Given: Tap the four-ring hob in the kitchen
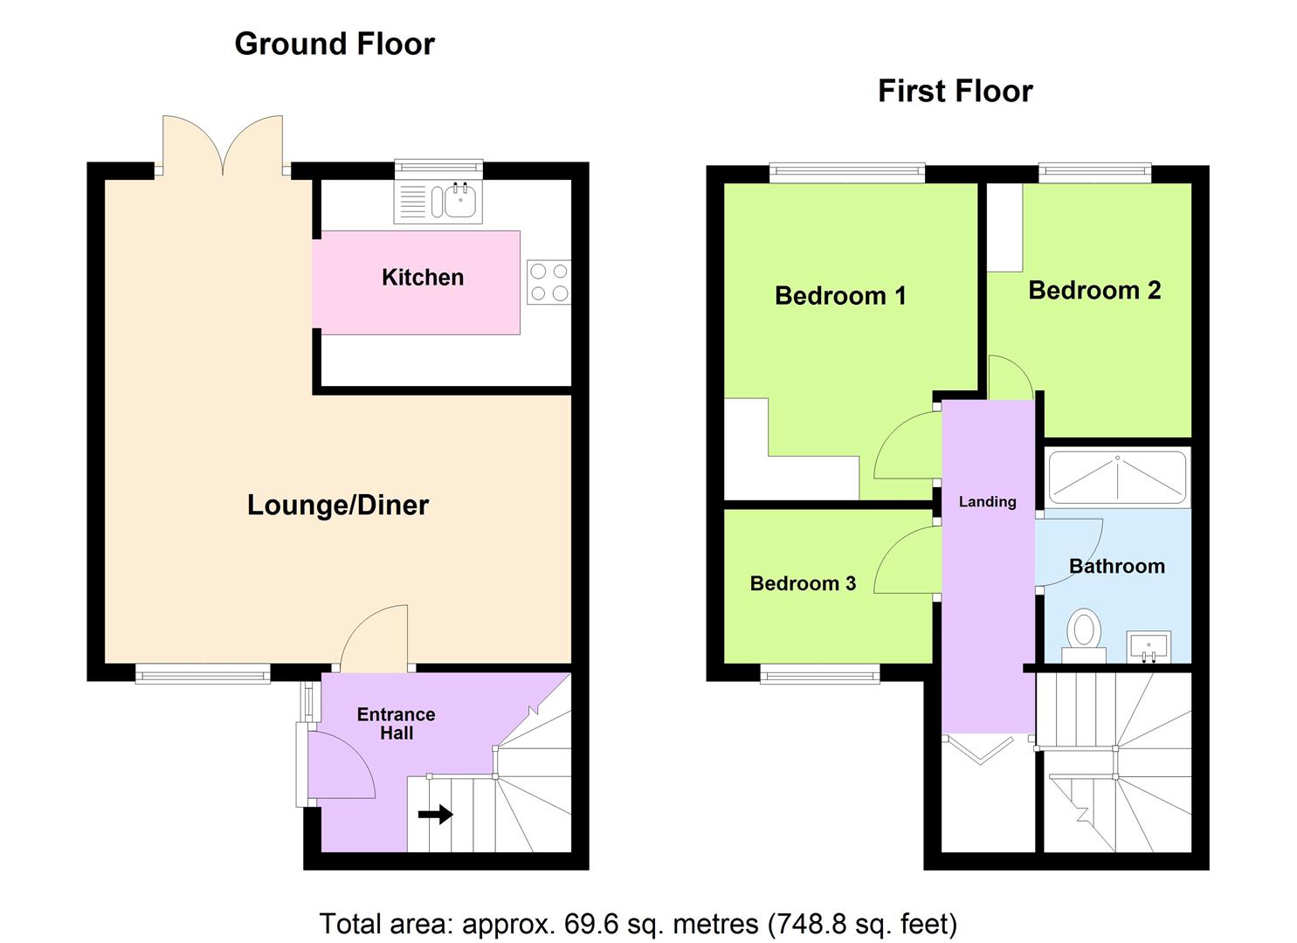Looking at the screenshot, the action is point(548,283).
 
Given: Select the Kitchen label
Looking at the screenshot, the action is point(423,278).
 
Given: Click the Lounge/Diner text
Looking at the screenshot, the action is point(337,505).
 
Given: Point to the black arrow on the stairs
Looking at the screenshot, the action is point(436,814).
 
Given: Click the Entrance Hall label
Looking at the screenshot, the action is point(396,724).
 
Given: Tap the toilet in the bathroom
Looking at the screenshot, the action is point(1083,635).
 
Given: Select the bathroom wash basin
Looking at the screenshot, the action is point(1149,647).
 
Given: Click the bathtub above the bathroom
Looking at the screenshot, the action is point(1117,477).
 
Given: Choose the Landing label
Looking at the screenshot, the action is point(987,501).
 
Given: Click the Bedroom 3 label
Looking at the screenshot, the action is point(803,583).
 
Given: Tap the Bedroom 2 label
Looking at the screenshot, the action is point(1094,290).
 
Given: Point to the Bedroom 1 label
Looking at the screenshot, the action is point(840,295).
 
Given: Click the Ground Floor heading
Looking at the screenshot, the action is point(335,44).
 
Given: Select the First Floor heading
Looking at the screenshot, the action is point(956,91).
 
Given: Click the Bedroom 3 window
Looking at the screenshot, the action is point(820,674).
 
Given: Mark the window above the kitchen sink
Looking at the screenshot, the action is point(438,169).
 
